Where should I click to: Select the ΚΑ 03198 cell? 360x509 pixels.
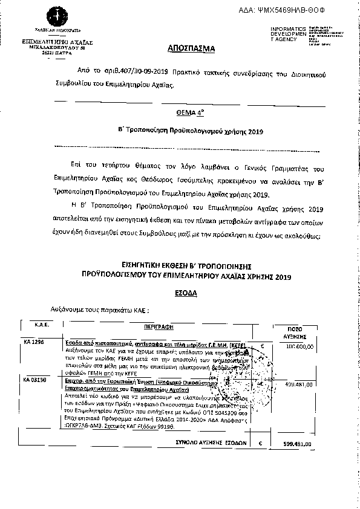pyautogui.click(x=34, y=380)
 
